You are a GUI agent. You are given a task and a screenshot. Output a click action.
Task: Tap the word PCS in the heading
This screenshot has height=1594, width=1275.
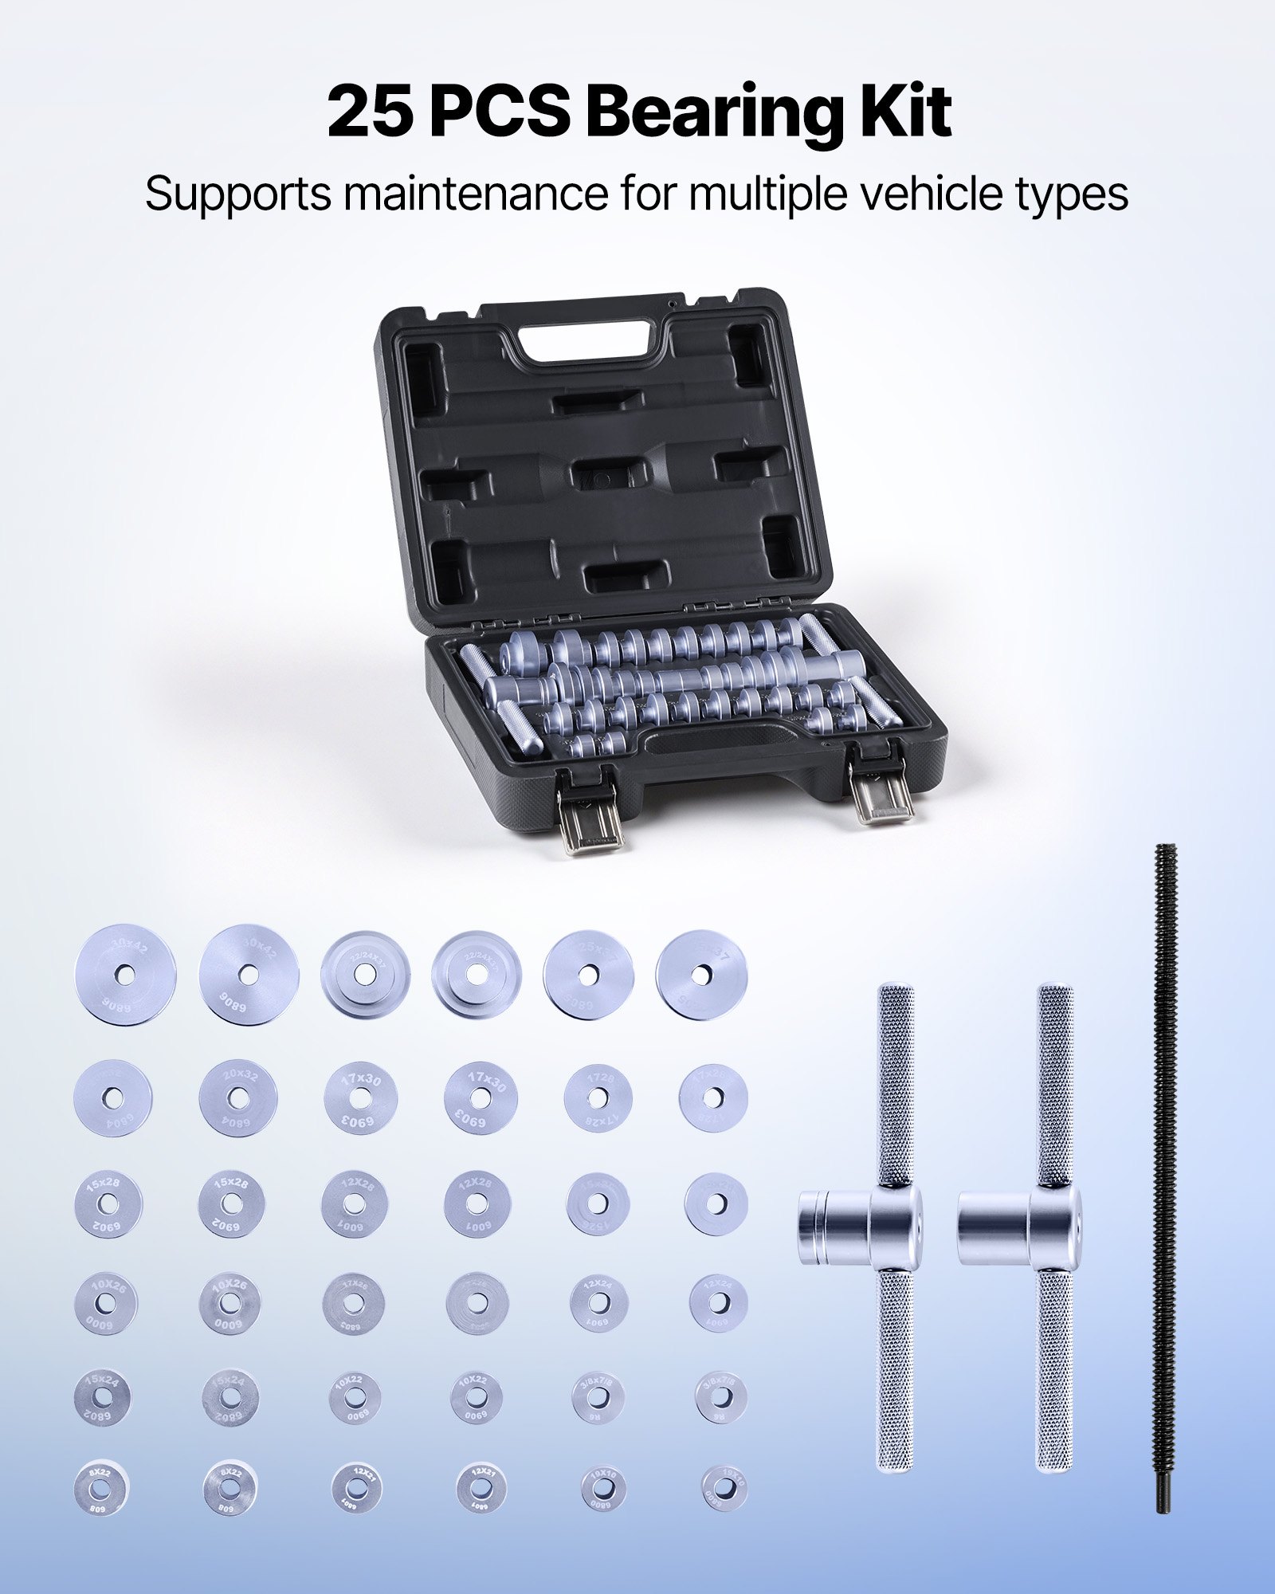(x=500, y=112)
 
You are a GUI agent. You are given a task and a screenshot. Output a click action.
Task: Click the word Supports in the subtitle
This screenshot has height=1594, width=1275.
(x=237, y=194)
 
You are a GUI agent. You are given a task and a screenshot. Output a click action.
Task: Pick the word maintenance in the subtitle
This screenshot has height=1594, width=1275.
(x=479, y=194)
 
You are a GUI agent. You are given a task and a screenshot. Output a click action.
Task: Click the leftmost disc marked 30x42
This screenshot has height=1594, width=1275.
(x=125, y=974)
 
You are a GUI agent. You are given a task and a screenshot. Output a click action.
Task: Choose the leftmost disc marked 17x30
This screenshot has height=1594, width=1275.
(x=361, y=1098)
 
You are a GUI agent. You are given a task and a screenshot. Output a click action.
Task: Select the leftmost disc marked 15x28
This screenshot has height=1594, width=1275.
(x=109, y=1203)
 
